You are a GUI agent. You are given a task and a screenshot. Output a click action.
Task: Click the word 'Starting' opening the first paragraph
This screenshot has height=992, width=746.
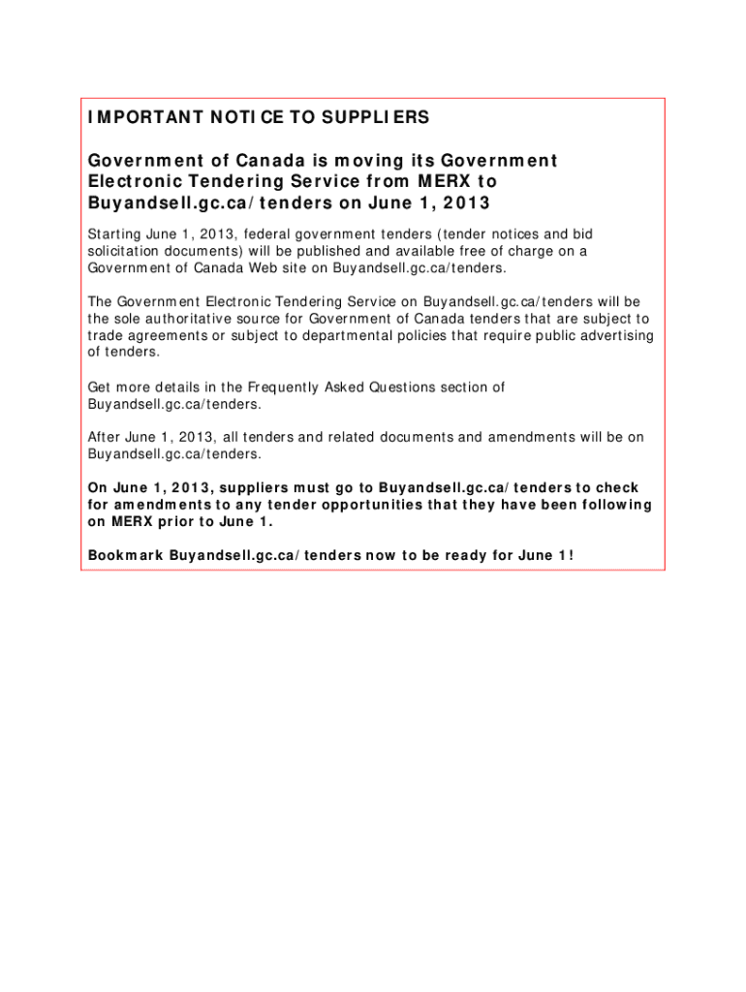tap(115, 234)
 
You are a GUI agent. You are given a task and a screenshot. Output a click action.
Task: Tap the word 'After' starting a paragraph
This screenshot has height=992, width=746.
tap(104, 437)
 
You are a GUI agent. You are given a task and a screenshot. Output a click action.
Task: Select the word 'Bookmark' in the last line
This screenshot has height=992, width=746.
tap(125, 556)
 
